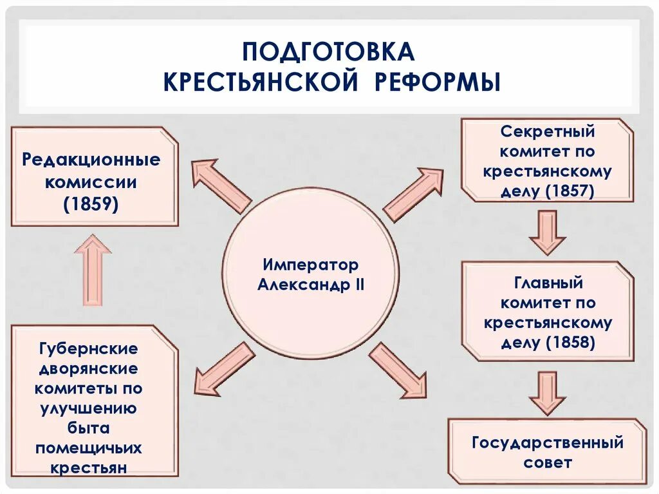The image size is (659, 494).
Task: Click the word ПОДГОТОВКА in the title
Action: (328, 52)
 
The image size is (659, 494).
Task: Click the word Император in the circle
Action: (310, 265)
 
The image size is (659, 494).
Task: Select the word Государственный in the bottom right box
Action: (548, 443)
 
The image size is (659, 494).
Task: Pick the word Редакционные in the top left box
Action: (91, 160)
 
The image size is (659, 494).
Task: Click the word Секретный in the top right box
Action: (548, 132)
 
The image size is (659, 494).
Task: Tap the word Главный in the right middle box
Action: (548, 283)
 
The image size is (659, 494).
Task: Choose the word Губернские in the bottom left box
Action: (88, 348)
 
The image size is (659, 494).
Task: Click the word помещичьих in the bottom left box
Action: (89, 448)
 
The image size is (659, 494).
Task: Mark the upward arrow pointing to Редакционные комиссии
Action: (93, 269)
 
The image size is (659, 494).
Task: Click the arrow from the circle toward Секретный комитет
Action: (413, 193)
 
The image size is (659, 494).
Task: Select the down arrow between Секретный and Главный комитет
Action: (548, 232)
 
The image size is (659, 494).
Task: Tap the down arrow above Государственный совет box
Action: (548, 392)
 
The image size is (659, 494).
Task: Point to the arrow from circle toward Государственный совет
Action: (398, 370)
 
